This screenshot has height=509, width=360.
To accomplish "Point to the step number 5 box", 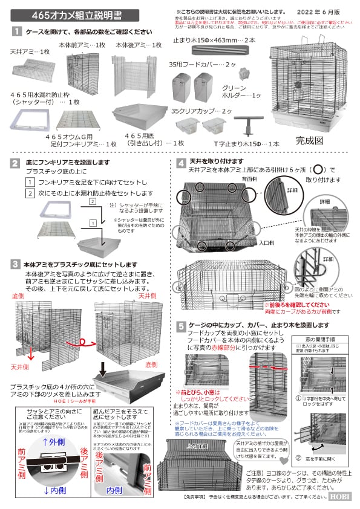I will click(x=181, y=326).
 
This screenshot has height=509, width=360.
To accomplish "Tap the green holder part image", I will click(x=245, y=76).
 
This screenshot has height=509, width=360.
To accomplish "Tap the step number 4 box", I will click(x=181, y=163).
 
